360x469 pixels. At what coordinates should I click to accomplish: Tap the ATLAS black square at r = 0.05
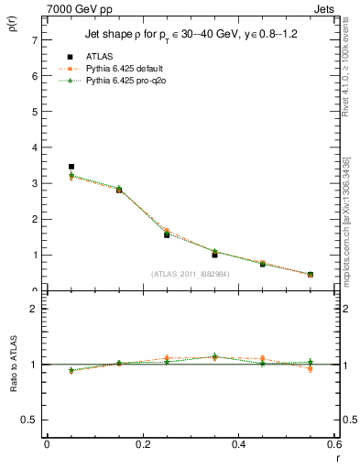click(71, 167)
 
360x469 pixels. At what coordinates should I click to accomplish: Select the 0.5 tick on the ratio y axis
click(30, 420)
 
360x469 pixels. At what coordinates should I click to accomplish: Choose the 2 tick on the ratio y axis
click(34, 309)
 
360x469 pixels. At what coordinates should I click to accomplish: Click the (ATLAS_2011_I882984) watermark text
click(190, 273)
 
